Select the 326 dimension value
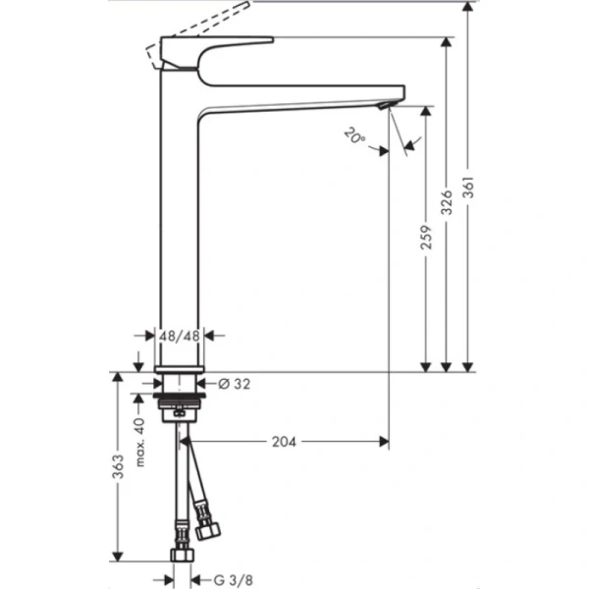pyautogui.click(x=448, y=203)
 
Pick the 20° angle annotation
pyautogui.click(x=355, y=137)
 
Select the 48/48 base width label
pyautogui.click(x=180, y=336)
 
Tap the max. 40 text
pyautogui.click(x=139, y=442)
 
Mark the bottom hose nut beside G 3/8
pyautogui.click(x=180, y=556)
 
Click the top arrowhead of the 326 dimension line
pyautogui.click(x=448, y=42)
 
